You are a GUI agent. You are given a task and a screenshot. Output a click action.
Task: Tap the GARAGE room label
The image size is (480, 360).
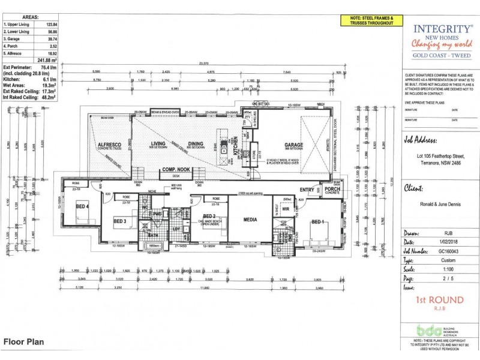(x=293, y=145)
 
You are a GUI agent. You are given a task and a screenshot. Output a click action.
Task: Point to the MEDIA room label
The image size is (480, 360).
(x=250, y=219)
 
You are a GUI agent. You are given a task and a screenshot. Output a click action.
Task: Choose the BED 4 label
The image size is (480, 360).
(x=82, y=206)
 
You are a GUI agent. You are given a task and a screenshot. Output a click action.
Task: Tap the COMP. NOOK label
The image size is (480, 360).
(x=175, y=170)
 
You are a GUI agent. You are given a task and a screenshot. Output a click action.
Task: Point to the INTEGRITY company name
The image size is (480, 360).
(x=434, y=28)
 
